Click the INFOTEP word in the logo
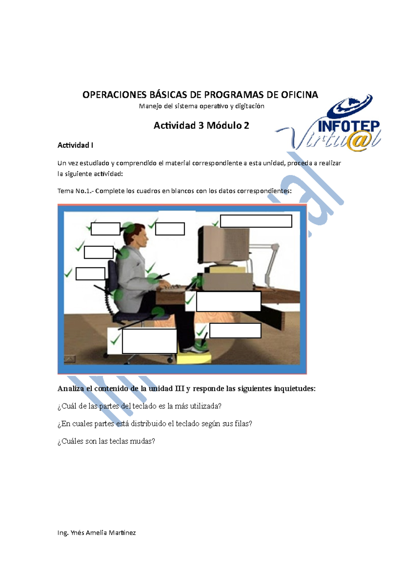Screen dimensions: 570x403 pos(348,127)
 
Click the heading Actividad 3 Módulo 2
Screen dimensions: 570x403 pos(201,126)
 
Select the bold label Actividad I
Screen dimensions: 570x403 pos(75,145)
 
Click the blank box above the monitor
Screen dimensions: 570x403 pos(256,221)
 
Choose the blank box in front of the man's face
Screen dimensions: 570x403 pos(170,229)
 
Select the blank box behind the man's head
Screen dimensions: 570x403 pos(105,229)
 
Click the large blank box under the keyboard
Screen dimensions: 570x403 pos(228,301)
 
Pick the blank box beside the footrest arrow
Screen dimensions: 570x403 pos(235,331)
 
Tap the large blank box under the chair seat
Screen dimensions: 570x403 pos(149,341)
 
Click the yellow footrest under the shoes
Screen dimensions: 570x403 pos(194,358)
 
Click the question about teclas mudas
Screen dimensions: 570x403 pos(106,441)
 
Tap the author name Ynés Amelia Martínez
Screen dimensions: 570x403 pos(103,533)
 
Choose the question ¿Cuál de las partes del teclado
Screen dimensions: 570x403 pos(139,406)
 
